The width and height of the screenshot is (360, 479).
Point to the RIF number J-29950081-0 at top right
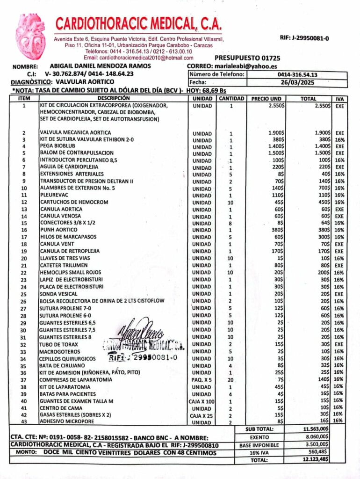[x=304, y=38]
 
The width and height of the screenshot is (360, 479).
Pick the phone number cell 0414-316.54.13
[x=297, y=74]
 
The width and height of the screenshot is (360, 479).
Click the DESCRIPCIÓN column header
[x=114, y=99]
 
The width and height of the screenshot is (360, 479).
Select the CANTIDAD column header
[x=231, y=99]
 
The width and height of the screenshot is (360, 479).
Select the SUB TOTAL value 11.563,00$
[x=316, y=429]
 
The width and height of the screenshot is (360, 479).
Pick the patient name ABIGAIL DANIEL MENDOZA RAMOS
[x=100, y=66]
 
